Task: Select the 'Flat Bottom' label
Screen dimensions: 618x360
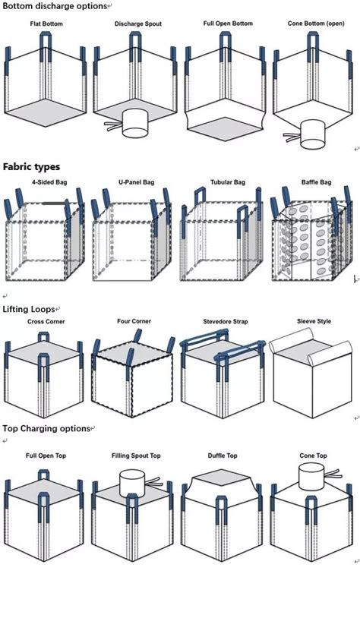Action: click(46, 24)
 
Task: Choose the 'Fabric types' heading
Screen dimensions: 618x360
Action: click(31, 166)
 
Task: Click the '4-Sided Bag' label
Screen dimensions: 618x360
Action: click(47, 183)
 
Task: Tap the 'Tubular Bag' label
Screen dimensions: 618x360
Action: click(228, 183)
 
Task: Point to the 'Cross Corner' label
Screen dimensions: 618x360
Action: click(46, 322)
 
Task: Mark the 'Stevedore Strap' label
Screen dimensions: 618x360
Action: click(226, 322)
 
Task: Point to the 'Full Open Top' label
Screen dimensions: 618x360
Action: click(46, 456)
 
